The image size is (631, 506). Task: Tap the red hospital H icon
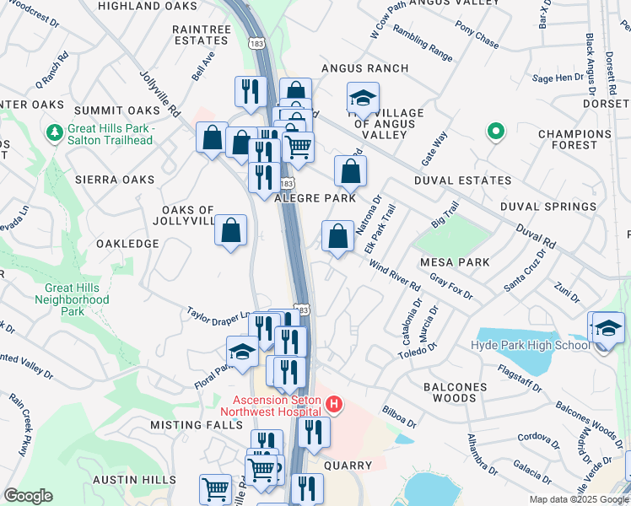click(334, 405)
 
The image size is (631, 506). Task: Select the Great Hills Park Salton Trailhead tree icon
click(55, 132)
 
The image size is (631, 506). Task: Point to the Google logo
click(28, 496)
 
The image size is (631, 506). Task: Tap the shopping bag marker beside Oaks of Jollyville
click(230, 230)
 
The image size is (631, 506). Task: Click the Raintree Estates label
click(201, 35)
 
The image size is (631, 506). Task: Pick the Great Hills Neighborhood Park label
click(77, 299)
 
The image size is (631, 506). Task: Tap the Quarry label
click(348, 466)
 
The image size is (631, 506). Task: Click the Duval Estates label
click(462, 180)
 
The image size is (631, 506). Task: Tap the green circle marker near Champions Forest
click(496, 132)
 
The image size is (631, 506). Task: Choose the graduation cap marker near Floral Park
click(242, 353)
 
